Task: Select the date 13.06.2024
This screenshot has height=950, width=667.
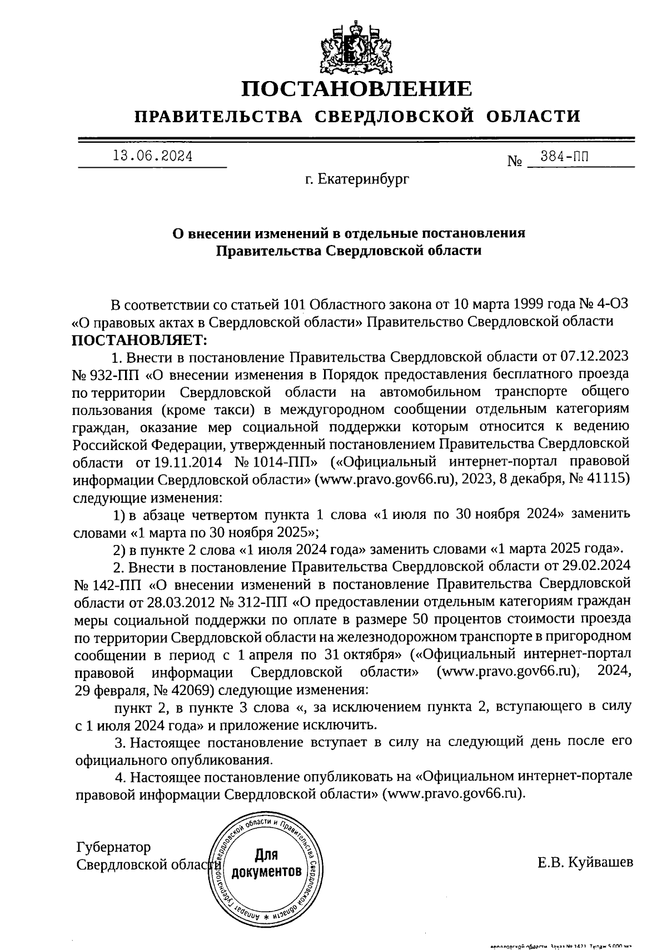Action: click(152, 157)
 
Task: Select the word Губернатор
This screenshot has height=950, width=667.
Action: click(113, 847)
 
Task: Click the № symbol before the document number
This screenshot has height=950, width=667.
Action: click(514, 162)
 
